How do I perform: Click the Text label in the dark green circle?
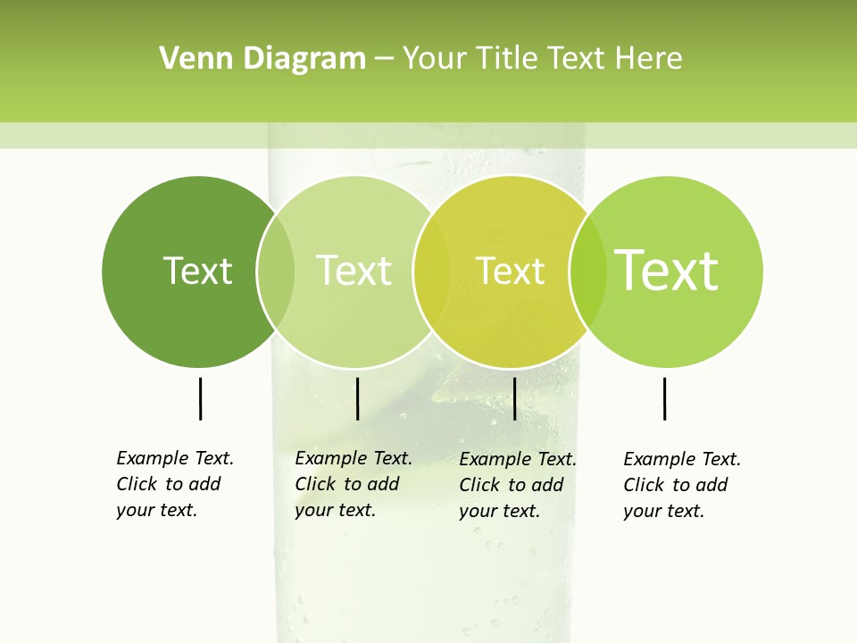tap(197, 271)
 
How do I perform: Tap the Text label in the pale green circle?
tap(354, 271)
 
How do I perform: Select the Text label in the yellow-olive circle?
tap(510, 271)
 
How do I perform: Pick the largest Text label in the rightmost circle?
tap(667, 270)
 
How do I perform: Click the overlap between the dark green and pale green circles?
tap(276, 271)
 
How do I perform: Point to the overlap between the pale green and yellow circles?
tap(433, 271)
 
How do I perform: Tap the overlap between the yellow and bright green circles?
tap(588, 271)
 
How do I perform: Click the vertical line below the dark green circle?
tap(201, 398)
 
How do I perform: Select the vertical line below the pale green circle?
tap(357, 398)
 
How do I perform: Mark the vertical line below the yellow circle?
tap(514, 398)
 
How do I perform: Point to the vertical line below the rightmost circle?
tap(665, 398)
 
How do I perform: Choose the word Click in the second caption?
tap(314, 484)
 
